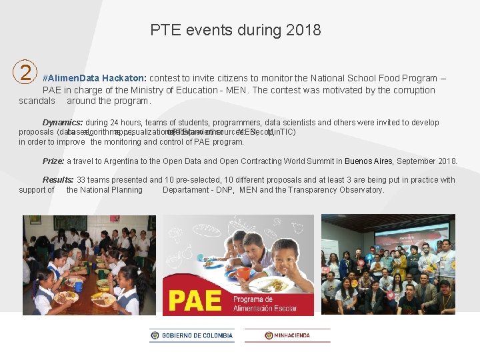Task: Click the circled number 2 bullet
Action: click(x=25, y=71)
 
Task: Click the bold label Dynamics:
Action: click(x=63, y=123)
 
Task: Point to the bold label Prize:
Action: click(x=53, y=161)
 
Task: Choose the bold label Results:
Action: click(x=58, y=180)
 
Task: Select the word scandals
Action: click(x=37, y=101)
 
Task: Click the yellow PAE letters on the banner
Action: click(x=194, y=299)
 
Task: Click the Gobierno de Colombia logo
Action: click(x=192, y=335)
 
